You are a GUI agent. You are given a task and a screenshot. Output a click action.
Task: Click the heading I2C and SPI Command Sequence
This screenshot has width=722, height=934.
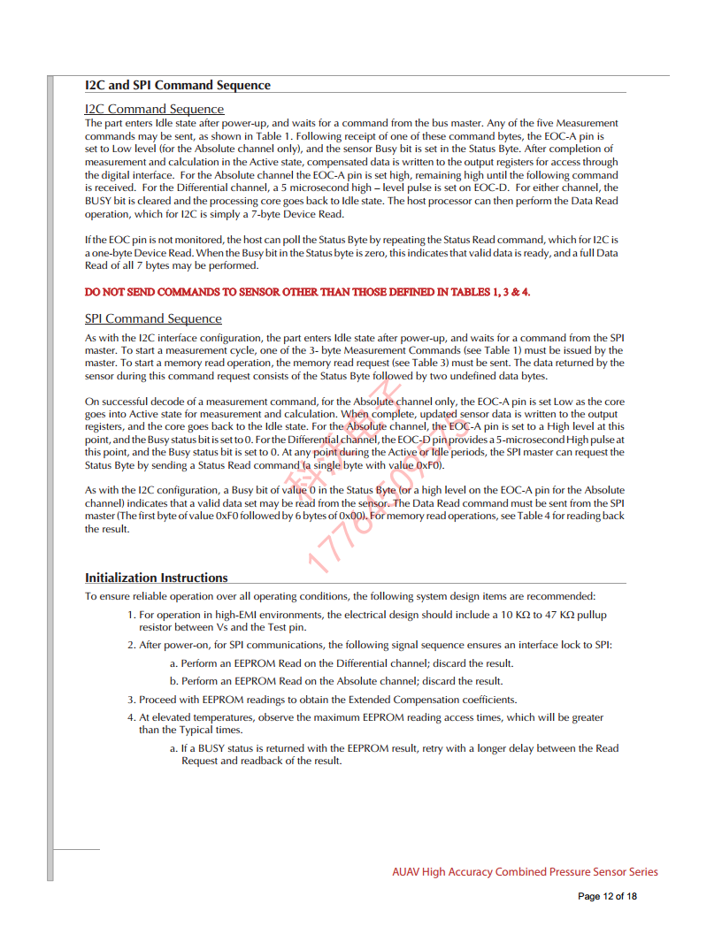point(177,85)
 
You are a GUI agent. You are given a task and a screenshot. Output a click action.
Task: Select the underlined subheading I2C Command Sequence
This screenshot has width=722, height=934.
point(154,109)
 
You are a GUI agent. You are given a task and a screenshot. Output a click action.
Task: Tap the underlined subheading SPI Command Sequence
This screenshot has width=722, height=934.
point(153,318)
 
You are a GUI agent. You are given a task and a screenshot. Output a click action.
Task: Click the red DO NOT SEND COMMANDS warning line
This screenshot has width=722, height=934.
point(307,292)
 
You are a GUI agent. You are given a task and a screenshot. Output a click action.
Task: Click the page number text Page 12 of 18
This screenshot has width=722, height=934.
point(607,896)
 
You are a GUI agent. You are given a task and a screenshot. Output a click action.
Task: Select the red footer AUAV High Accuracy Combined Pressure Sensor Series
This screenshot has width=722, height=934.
point(525,871)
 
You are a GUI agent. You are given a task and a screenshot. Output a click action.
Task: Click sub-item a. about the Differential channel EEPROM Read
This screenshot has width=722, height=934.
point(341,662)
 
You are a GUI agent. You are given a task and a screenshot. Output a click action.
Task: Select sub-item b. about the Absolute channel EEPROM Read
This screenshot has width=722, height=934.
point(335,681)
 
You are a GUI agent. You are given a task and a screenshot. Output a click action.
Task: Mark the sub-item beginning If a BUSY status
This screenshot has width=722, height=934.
point(394,754)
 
